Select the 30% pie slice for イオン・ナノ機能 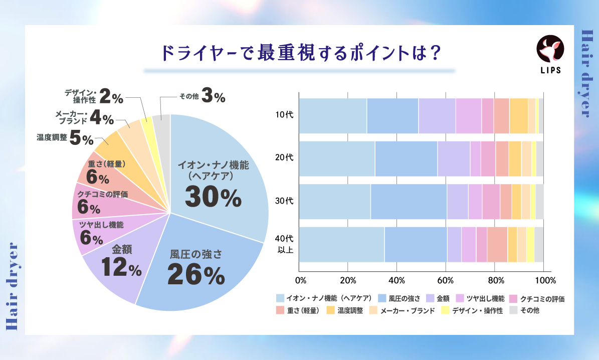pyautogui.click(x=221, y=165)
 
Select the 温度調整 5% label pyautogui.click(x=65, y=138)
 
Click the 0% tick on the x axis pyautogui.click(x=300, y=280)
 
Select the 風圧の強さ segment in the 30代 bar pyautogui.click(x=409, y=202)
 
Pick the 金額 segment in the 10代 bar pyautogui.click(x=437, y=116)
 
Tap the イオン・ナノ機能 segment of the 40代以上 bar pyautogui.click(x=342, y=244)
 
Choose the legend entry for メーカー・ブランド pyautogui.click(x=406, y=311)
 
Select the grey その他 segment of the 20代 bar pyautogui.click(x=539, y=158)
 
